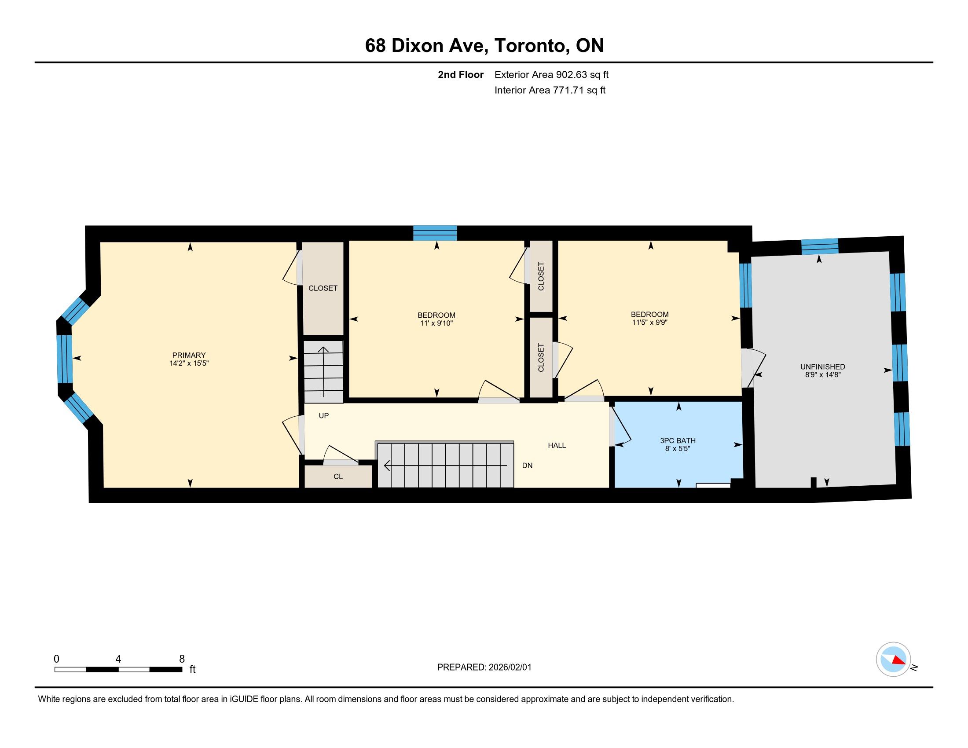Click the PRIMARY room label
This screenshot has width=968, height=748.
point(189,355)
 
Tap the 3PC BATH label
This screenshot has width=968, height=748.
point(678,440)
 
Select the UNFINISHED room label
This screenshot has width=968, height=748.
point(823,367)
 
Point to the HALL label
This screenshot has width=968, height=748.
point(557,445)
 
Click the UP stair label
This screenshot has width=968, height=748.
point(323,416)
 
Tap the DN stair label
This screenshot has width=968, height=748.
point(527,465)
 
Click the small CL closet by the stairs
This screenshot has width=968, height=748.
point(338,477)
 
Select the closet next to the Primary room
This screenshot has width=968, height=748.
point(323,288)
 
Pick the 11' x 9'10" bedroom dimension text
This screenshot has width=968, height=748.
point(436,323)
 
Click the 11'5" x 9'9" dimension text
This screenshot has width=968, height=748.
point(650,323)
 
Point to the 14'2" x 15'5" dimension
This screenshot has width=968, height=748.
point(189,363)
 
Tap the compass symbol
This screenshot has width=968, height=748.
point(893,660)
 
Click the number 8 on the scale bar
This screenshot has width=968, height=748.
point(182,659)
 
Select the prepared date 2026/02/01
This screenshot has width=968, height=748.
point(510,667)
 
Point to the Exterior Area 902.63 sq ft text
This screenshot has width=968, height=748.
point(551,75)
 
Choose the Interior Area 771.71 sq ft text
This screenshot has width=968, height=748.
point(550,90)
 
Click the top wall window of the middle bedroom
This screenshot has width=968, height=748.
point(435,233)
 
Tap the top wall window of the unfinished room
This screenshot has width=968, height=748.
point(820,246)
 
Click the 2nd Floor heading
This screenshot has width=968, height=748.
point(461,75)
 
